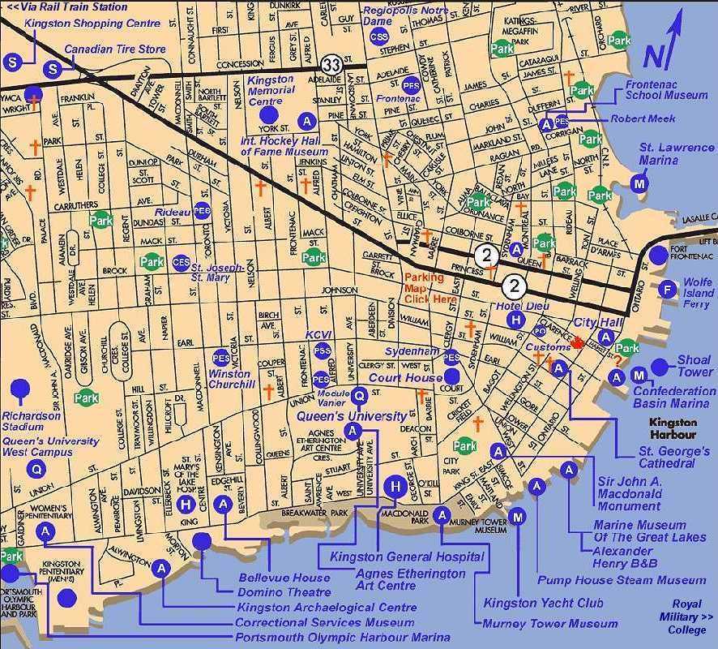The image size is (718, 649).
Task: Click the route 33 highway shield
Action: [x=330, y=63]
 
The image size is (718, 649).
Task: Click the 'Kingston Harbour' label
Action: [x=673, y=428]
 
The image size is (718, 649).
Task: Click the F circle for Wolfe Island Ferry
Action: [x=668, y=289]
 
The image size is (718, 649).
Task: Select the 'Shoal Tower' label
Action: [x=694, y=366]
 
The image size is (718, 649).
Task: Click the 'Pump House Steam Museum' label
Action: [x=621, y=580]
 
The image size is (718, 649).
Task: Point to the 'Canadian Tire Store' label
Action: [x=115, y=49]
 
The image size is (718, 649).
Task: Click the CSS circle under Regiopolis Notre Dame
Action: [x=378, y=37]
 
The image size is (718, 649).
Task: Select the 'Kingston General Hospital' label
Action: [x=406, y=557]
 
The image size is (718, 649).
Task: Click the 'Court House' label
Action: [x=405, y=378]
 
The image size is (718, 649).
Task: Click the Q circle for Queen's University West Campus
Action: [x=36, y=468]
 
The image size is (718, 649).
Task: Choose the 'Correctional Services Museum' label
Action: [x=324, y=622]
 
